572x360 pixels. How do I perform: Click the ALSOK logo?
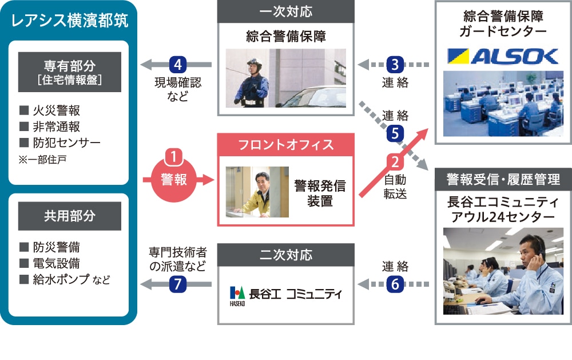pyautogui.click(x=503, y=56)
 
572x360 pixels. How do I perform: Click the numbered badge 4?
pyautogui.click(x=178, y=65)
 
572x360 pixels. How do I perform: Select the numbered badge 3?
pyautogui.click(x=395, y=65)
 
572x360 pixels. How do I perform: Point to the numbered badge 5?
pyautogui.click(x=395, y=133)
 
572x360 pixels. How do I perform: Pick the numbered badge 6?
pyautogui.click(x=395, y=284)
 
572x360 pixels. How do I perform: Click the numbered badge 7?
pyautogui.click(x=178, y=284)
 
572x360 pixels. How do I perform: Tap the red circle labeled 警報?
pyautogui.click(x=174, y=179)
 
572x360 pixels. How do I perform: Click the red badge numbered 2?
pyautogui.click(x=395, y=162)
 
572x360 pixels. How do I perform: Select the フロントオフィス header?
pyautogui.click(x=286, y=145)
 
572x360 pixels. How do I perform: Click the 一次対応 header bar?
pyautogui.click(x=286, y=11)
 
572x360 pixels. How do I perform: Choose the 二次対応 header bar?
pyautogui.click(x=286, y=255)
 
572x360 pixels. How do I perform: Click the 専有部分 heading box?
pyautogui.click(x=70, y=72)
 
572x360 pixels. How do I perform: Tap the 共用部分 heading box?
pyautogui.click(x=70, y=216)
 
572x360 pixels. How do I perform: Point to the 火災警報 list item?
pyautogui.click(x=50, y=110)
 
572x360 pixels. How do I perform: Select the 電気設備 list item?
pyautogui.click(x=50, y=263)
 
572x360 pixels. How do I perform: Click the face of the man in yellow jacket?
pyautogui.click(x=263, y=181)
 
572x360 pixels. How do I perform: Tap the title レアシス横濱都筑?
pyautogui.click(x=70, y=21)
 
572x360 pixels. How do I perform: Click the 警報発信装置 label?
pyautogui.click(x=320, y=193)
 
